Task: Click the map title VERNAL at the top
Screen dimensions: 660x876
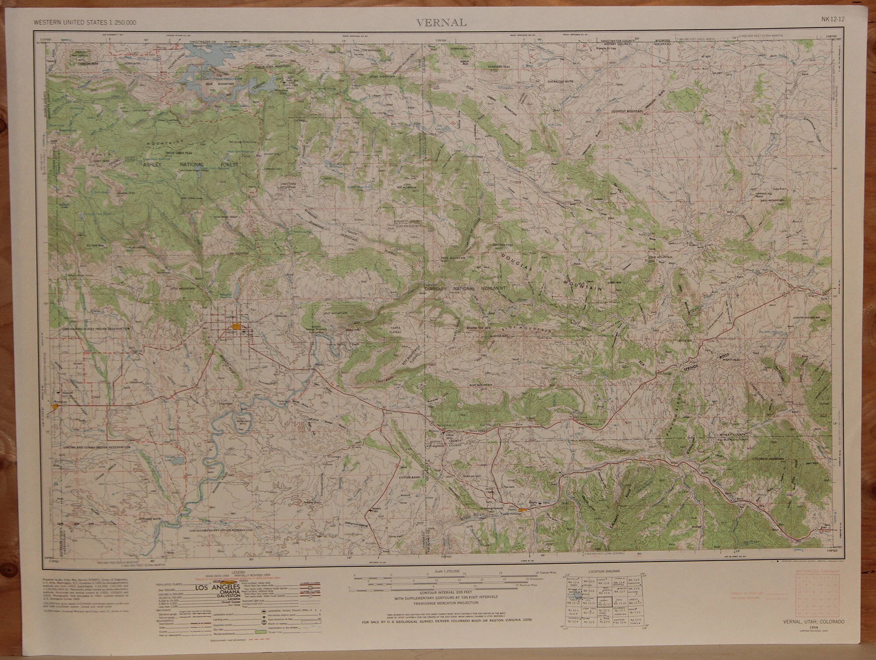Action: point(441,23)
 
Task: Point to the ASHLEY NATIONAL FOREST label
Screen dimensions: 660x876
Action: point(190,165)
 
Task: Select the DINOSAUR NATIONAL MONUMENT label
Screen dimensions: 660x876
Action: point(465,289)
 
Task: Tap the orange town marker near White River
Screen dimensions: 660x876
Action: point(522,510)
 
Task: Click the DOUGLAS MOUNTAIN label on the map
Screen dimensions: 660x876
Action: point(552,271)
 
